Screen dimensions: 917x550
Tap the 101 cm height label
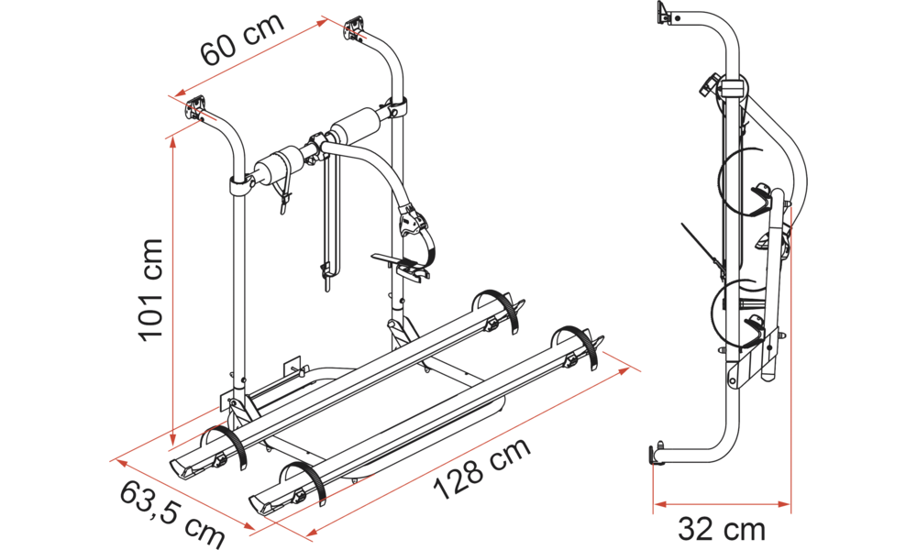click(x=150, y=289)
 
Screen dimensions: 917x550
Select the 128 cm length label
click(x=483, y=468)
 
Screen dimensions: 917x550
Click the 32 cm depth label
click(x=721, y=529)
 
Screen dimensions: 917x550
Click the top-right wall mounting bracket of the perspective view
click(x=355, y=28)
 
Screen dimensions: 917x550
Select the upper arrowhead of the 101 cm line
click(x=172, y=146)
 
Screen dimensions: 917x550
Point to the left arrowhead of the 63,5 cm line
click(x=120, y=464)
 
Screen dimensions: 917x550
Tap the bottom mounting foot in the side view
click(x=657, y=455)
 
